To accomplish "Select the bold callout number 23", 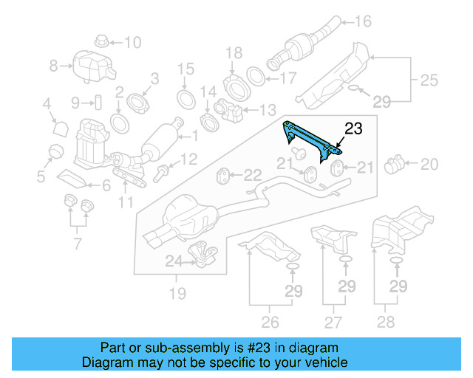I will click(x=354, y=128).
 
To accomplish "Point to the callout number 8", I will click(x=53, y=66).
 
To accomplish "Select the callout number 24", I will click(x=172, y=261).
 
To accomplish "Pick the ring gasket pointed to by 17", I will click(x=254, y=76).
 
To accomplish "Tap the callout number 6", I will click(x=106, y=186).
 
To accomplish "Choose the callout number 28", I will click(x=398, y=321).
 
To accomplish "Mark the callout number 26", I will click(x=270, y=321).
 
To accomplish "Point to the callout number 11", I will click(x=126, y=202).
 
